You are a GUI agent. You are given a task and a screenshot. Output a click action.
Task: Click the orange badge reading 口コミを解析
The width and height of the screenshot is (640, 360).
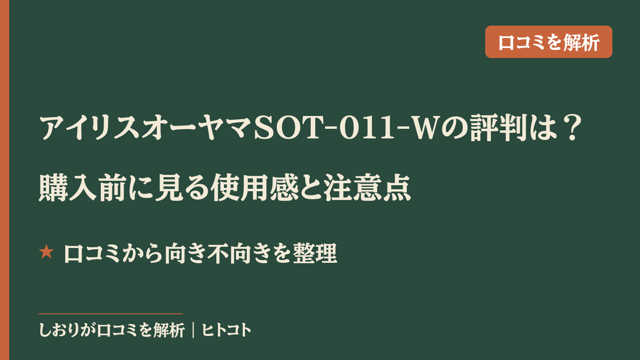(x=548, y=42)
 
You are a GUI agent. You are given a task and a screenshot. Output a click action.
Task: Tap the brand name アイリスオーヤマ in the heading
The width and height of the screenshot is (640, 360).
(x=146, y=128)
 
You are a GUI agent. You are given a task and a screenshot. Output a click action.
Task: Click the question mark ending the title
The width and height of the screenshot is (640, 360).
(x=573, y=128)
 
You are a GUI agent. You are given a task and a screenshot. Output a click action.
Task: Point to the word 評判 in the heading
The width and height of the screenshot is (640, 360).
(x=498, y=128)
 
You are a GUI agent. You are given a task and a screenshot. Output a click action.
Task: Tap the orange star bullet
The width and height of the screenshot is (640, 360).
(x=46, y=252)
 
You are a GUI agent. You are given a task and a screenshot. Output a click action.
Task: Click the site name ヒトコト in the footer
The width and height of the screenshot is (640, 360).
(x=226, y=330)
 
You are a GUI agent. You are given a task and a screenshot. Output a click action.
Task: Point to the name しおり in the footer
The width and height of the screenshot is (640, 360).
(x=60, y=330)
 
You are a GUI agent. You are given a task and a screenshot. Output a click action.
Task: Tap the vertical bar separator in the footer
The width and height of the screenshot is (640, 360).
(x=194, y=330)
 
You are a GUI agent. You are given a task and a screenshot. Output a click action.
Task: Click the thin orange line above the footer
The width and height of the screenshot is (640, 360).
(x=110, y=314)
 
